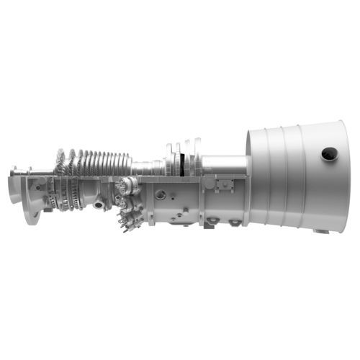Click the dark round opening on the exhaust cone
(x=329, y=153)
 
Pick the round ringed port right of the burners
(x=160, y=194)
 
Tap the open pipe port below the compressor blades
(x=98, y=204)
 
